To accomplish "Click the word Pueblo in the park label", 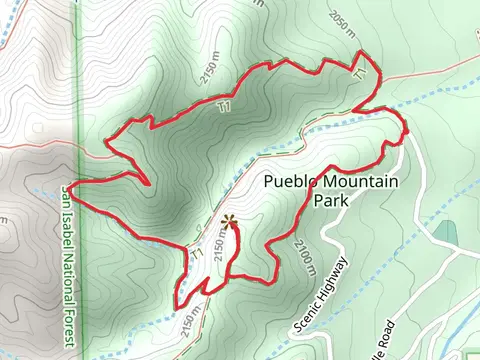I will [290, 182].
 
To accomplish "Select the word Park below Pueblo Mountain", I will [330, 200].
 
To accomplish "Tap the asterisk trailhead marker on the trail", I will [230, 222].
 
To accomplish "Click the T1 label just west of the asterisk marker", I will [198, 255].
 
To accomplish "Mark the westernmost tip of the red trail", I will [73, 187].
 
